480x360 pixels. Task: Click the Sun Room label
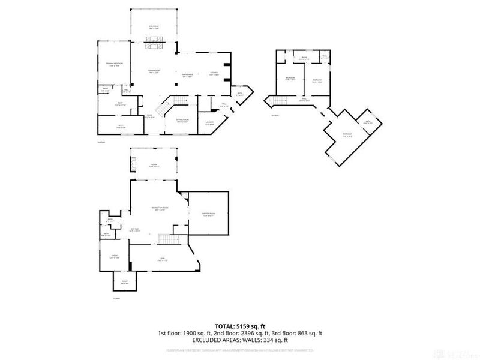point(155,27)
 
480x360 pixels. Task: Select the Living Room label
point(154,71)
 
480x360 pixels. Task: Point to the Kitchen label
point(214,73)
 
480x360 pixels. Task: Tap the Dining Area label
point(187,74)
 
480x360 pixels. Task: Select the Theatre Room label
point(209,214)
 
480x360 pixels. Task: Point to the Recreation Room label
point(160,208)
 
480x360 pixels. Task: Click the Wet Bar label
point(135,229)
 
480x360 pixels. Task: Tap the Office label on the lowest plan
point(112,256)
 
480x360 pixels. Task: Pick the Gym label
point(161,259)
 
